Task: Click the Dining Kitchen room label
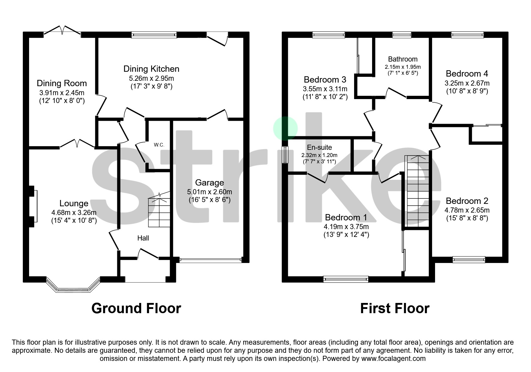(x=151, y=69)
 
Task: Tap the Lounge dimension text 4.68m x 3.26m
(x=74, y=213)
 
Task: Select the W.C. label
(x=159, y=145)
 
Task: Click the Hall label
(x=143, y=238)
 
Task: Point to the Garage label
(x=209, y=183)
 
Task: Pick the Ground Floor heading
(x=136, y=308)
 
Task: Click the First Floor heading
(x=395, y=308)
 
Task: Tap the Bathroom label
(x=403, y=59)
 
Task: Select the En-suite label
(x=319, y=147)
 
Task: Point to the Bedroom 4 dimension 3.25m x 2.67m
(x=467, y=83)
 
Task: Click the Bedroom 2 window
(x=469, y=259)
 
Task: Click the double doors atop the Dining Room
(x=62, y=30)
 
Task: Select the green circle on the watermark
(x=285, y=129)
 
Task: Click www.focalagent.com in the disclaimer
(x=393, y=358)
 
